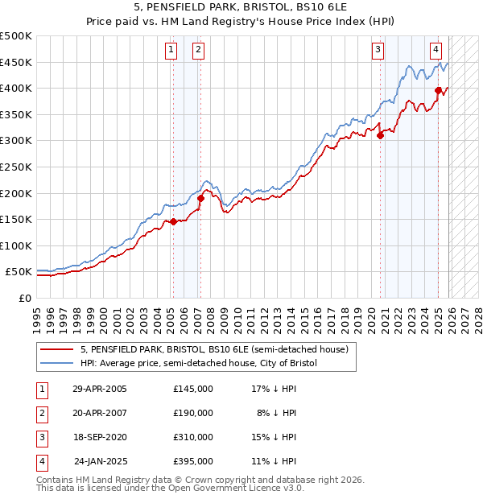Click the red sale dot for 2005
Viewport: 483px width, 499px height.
(x=173, y=221)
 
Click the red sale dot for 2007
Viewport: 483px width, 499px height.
(x=200, y=198)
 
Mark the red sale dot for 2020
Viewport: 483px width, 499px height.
(x=380, y=135)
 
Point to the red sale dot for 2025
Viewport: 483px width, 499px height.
(x=438, y=90)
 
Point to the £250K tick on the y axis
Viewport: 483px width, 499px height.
(x=16, y=167)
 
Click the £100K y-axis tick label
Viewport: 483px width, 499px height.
(x=16, y=245)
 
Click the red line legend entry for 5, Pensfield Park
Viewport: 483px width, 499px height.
(x=213, y=350)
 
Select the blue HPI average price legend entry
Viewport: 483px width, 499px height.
(x=198, y=364)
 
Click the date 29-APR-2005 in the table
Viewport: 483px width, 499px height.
(x=99, y=389)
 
